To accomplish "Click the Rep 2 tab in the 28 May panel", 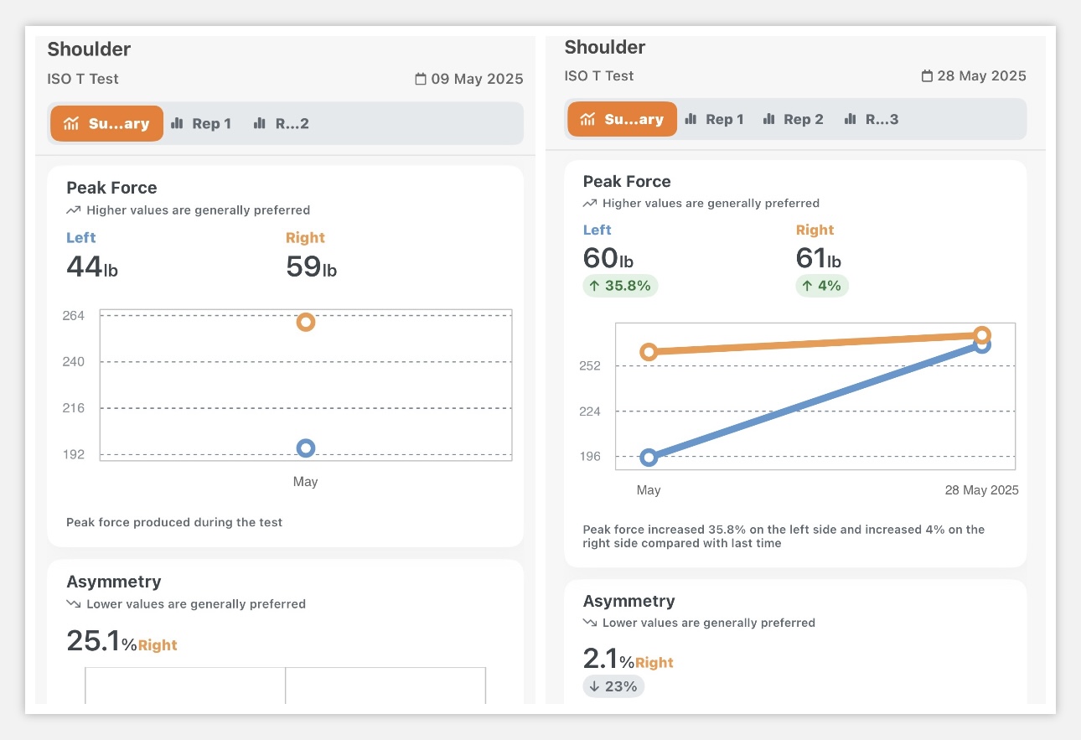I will pos(793,119).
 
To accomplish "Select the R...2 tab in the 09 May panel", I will pos(282,123).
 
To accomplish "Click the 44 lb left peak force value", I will pos(91,267).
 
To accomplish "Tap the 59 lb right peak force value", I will pos(311,267).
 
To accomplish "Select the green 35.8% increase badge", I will pos(620,286).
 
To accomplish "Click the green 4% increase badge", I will pos(822,286).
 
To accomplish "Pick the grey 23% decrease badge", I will pos(613,686).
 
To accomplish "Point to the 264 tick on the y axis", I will pos(74,316).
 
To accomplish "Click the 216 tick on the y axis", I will pos(74,408).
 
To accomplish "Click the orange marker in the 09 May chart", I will pos(306,323).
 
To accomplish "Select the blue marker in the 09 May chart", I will pos(306,448).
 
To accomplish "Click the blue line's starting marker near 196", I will pos(648,458).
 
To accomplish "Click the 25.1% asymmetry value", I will pos(101,641).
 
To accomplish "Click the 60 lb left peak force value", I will pos(608,259).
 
